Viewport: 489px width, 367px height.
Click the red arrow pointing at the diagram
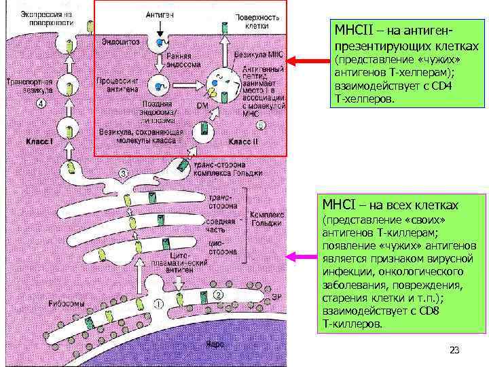coord(308,61)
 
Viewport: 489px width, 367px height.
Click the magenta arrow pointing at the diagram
coord(303,257)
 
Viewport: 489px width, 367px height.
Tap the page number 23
coord(454,350)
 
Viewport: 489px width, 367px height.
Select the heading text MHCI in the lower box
coord(344,205)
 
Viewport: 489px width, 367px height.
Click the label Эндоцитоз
coord(121,41)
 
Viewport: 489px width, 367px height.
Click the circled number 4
coord(41,104)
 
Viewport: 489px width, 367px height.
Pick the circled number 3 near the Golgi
coord(123,173)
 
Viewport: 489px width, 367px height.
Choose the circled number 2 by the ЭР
coord(218,294)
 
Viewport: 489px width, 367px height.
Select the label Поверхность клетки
coord(252,20)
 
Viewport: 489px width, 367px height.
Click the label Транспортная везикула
coord(25,86)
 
